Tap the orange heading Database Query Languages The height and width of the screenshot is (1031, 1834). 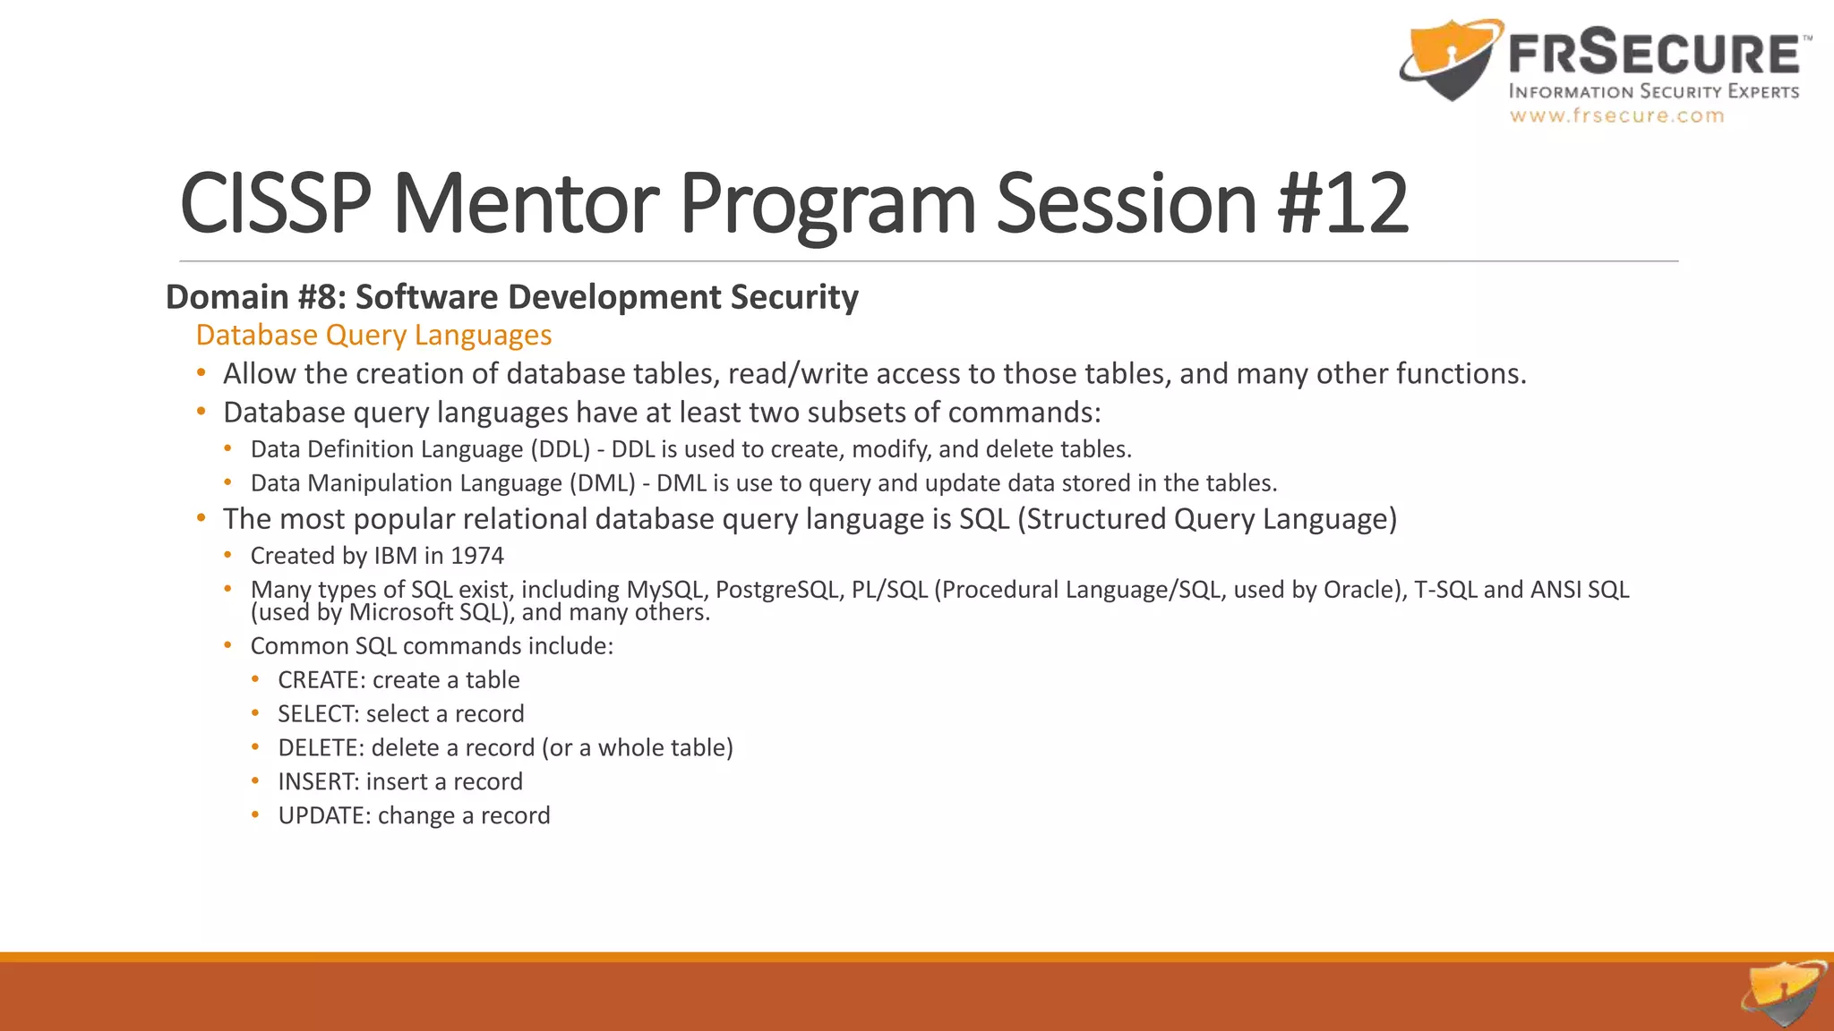point(373,335)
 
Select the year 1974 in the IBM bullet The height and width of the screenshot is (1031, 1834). point(477,556)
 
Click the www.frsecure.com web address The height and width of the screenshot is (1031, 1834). point(1616,115)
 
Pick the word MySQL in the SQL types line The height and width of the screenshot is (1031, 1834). point(664,590)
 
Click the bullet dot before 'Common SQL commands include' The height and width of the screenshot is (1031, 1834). point(228,645)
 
